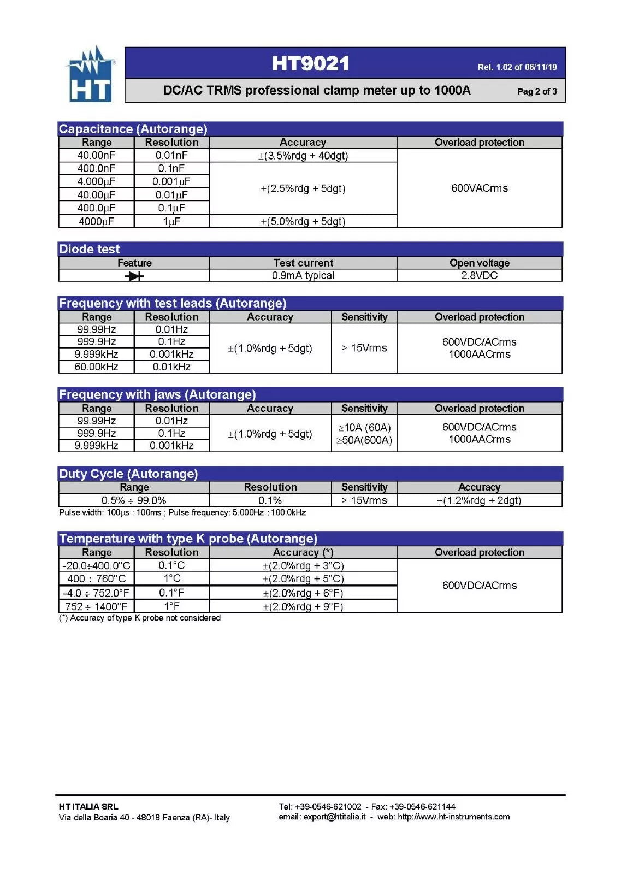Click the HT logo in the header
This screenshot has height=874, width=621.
click(x=90, y=75)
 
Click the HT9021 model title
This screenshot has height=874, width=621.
click(x=310, y=63)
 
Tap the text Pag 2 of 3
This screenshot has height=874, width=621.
click(x=536, y=91)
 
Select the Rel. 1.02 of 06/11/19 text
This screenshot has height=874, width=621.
click(x=517, y=67)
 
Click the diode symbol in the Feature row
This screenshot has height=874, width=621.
click(x=134, y=276)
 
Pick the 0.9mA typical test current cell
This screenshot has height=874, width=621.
click(x=303, y=276)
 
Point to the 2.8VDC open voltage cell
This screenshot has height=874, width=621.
click(x=479, y=276)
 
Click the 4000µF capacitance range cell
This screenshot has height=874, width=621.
click(x=96, y=221)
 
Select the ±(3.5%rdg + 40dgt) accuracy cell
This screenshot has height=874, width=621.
click(x=303, y=156)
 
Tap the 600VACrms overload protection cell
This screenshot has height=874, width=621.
click(x=479, y=188)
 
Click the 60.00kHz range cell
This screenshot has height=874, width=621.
click(x=96, y=367)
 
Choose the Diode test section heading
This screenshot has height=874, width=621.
click(x=89, y=249)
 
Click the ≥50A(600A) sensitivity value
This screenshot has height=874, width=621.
click(x=364, y=440)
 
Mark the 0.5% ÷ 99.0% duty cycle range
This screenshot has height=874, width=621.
click(x=134, y=500)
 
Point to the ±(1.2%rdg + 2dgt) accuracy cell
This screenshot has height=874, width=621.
click(x=479, y=500)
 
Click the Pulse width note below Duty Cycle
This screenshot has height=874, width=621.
click(x=182, y=512)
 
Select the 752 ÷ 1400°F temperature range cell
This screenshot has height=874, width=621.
click(x=96, y=606)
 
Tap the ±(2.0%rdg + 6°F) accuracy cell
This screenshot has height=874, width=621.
click(x=303, y=593)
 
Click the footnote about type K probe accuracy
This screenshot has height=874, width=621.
click(x=140, y=618)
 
